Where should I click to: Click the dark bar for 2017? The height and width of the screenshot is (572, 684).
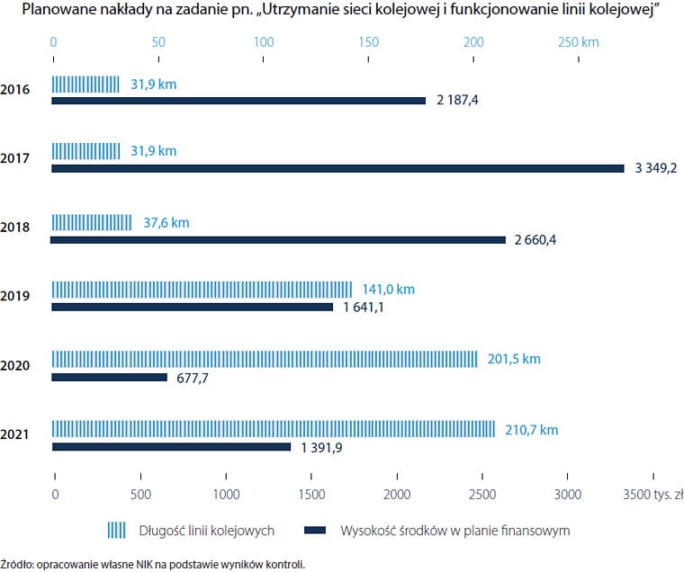[337, 168]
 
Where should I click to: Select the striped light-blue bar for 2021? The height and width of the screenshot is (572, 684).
[273, 429]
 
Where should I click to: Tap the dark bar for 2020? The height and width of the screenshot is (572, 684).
[109, 377]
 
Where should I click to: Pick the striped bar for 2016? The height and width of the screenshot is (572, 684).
[85, 85]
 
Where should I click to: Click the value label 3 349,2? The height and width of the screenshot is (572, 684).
[655, 168]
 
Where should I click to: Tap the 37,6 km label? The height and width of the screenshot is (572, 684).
[166, 222]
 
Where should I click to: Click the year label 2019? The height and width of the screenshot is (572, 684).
[15, 296]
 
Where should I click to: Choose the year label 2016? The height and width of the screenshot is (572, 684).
[15, 89]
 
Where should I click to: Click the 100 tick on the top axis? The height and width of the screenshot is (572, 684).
[264, 42]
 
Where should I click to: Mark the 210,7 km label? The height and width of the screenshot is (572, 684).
[531, 430]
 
